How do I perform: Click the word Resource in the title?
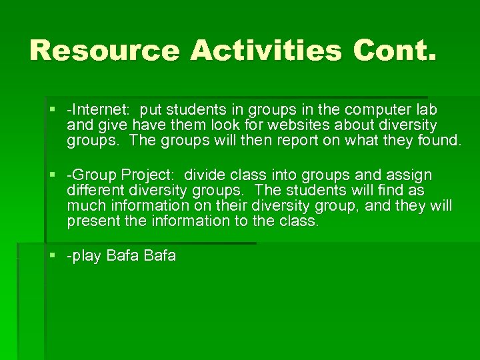[105, 51]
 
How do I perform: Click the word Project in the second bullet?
[147, 175]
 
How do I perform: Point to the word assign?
[408, 175]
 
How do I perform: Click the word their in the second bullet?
[243, 206]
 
